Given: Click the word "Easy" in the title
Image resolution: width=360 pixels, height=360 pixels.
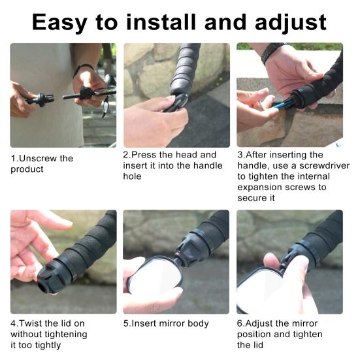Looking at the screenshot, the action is pyautogui.click(x=59, y=22).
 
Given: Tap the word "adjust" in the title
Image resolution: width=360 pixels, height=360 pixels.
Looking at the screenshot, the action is pyautogui.click(x=291, y=22).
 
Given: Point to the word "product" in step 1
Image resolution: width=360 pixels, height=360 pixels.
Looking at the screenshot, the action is pyautogui.click(x=27, y=170).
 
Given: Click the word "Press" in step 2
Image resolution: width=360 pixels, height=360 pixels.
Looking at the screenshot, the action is pyautogui.click(x=144, y=154).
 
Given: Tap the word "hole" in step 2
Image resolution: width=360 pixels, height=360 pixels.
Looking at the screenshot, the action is pyautogui.click(x=132, y=176).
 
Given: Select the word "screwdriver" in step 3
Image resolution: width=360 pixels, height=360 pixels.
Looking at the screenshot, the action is pyautogui.click(x=325, y=165).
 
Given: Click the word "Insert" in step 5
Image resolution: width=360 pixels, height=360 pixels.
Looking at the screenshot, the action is pyautogui.click(x=144, y=323).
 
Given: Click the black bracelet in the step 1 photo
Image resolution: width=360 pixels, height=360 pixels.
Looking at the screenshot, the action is pyautogui.click(x=82, y=69).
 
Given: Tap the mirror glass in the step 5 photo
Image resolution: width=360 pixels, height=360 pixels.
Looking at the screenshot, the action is pyautogui.click(x=154, y=276).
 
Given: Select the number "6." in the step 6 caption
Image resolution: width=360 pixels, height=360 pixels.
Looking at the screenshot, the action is pyautogui.click(x=241, y=323).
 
